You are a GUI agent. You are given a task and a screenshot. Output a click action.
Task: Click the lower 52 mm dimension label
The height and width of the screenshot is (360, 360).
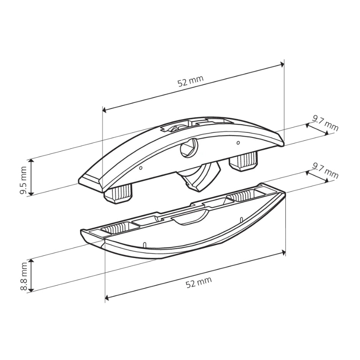(x=198, y=282)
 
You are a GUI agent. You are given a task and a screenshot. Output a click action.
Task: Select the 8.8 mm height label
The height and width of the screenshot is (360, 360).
(x=23, y=277)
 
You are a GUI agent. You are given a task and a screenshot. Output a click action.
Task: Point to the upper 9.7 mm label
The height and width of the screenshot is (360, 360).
(x=325, y=123)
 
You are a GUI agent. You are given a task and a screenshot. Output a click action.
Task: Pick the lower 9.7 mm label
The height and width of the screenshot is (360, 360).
(x=325, y=171)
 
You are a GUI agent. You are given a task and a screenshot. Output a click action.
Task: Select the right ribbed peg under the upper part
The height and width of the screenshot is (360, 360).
(x=243, y=162)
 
